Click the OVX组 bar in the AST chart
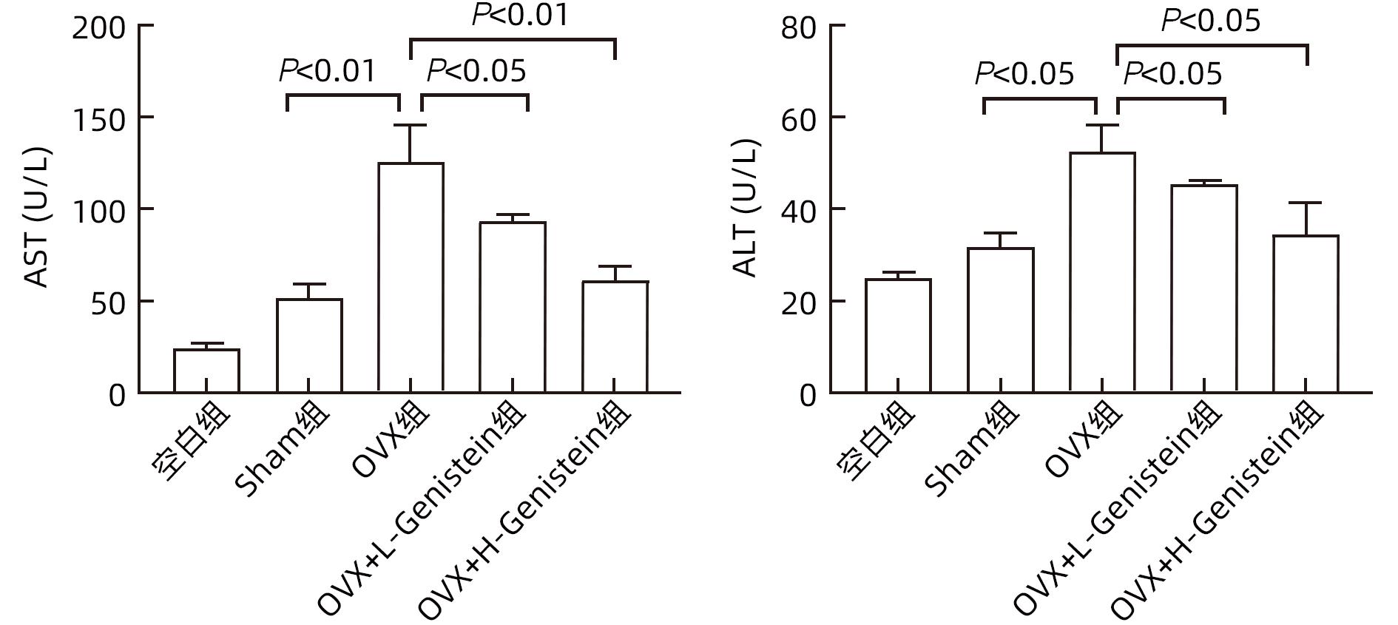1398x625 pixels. tap(411, 277)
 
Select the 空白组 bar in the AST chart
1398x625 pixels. tap(206, 371)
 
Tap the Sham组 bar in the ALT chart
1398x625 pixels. tap(1000, 320)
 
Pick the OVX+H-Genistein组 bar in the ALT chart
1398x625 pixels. tap(1306, 314)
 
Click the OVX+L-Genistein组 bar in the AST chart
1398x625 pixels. tap(513, 307)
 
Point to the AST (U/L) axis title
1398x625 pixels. tap(37, 218)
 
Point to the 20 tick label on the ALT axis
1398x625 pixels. tap(799, 303)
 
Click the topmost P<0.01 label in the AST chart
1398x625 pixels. tap(521, 15)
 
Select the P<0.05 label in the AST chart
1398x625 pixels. tap(477, 71)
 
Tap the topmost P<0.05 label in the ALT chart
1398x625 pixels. tap(1211, 21)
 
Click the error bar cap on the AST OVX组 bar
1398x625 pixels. tap(411, 125)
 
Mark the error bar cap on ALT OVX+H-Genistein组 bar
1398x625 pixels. tap(1306, 203)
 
